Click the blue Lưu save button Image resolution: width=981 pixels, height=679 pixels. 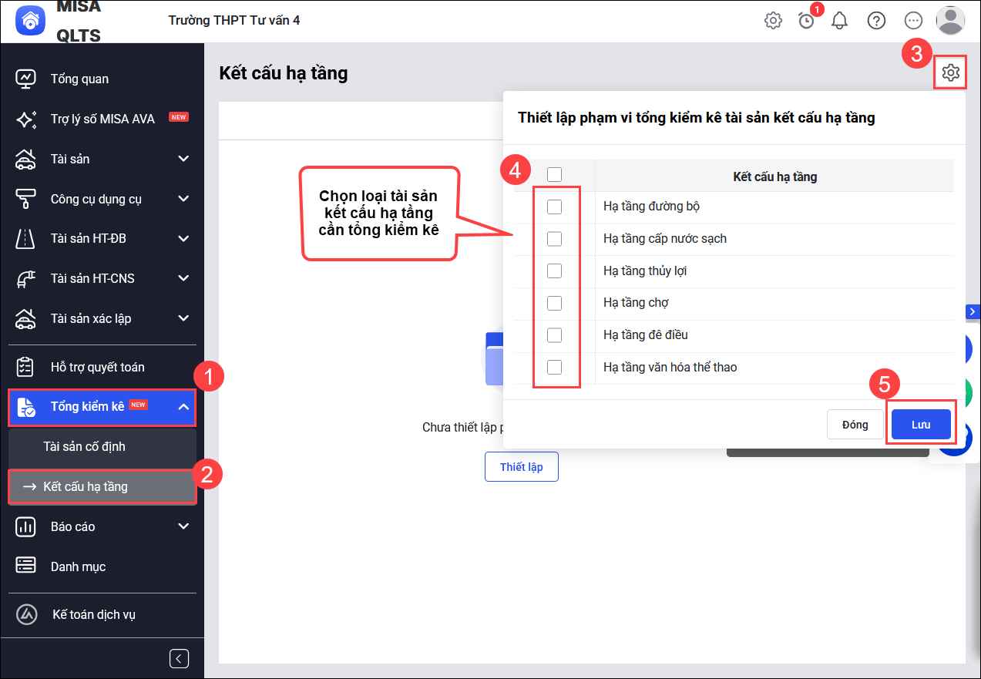point(921,424)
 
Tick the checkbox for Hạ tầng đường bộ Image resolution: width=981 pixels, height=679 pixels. point(554,207)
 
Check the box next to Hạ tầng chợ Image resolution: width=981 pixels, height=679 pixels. point(554,303)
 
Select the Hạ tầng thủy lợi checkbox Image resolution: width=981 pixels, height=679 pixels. point(554,271)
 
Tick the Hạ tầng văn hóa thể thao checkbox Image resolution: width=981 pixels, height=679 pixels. point(554,367)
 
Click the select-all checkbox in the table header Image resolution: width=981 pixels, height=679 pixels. point(554,174)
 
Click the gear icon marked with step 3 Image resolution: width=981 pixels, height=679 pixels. point(950,72)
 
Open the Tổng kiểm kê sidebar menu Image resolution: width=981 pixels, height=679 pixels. point(102,406)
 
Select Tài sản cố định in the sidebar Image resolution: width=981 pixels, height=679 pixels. point(84,446)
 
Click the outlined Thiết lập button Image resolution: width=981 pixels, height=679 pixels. point(521,466)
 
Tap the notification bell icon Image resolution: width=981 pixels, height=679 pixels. point(839,21)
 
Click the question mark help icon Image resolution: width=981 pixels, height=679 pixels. point(876,21)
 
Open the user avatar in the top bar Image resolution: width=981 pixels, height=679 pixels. point(950,20)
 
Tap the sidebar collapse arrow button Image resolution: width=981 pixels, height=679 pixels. point(179,658)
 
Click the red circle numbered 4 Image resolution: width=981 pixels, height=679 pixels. point(516,170)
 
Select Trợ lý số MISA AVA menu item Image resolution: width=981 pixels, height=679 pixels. point(102,119)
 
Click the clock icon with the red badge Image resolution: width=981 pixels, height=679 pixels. point(806,21)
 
